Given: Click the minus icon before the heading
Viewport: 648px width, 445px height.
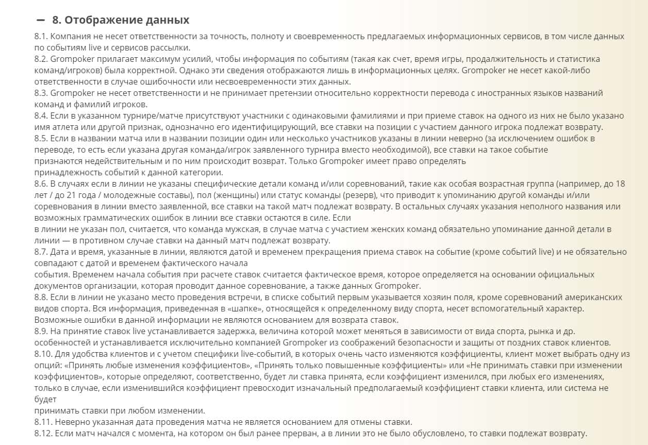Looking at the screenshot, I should pos(41,21).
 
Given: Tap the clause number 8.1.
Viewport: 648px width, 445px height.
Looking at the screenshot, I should pos(41,37).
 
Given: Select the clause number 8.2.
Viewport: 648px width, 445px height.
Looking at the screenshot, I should pos(41,59).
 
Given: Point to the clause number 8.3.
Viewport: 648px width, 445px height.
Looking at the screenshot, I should pos(41,93).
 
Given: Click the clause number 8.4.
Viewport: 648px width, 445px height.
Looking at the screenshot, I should pos(41,116).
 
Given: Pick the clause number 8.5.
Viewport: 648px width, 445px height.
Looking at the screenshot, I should pos(41,138).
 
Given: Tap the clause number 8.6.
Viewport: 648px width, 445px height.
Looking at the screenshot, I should pos(41,184).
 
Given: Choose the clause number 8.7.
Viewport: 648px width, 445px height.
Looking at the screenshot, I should pos(41,252).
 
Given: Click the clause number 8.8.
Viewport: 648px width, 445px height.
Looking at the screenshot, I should pos(41,297).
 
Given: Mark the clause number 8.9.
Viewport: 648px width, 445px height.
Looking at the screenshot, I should pos(41,331).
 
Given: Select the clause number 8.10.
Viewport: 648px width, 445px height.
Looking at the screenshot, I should pos(43,354).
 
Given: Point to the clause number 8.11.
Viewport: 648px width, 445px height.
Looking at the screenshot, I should pos(43,422).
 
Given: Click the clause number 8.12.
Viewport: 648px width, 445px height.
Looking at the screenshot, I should pos(43,433).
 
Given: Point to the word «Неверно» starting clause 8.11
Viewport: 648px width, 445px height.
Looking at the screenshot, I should pos(70,422).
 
